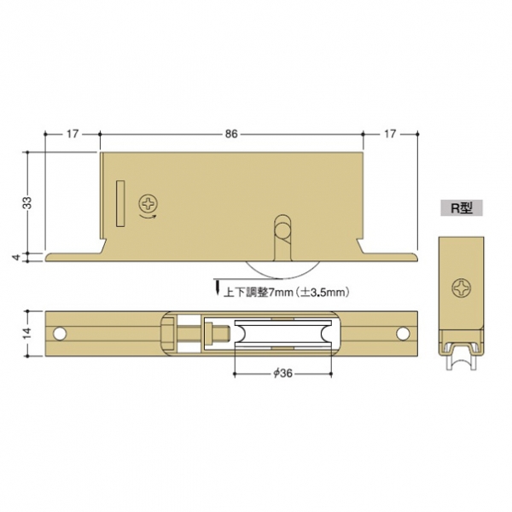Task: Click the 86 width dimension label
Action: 231,134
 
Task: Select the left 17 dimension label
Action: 73,134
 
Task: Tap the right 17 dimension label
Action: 390,134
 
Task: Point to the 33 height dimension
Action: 28,202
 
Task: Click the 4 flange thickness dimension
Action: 16,258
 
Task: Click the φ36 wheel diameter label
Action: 282,374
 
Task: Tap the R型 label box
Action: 462,207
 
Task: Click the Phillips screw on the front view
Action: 148,204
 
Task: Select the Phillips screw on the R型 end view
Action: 462,288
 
